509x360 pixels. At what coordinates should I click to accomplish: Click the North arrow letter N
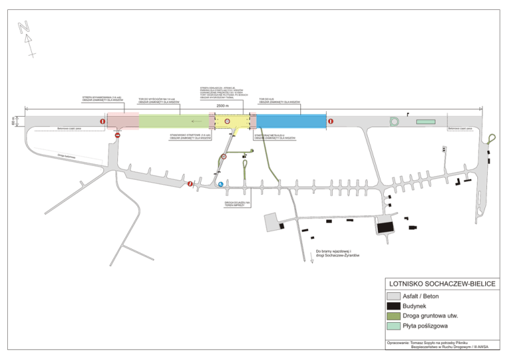point(25,27)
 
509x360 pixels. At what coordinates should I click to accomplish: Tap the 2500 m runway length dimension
point(222,106)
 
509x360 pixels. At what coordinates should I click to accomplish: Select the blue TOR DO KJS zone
point(291,121)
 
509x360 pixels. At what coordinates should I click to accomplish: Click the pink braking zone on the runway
point(123,121)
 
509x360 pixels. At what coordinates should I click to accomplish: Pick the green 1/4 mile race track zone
point(174,121)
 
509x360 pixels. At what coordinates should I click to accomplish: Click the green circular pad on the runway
point(396,121)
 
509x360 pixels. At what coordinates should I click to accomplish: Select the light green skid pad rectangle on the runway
point(426,121)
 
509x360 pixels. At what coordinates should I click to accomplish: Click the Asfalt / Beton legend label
point(422,296)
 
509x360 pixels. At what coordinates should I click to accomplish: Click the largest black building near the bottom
point(385,227)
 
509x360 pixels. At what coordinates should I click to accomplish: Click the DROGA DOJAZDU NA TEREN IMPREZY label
point(235,204)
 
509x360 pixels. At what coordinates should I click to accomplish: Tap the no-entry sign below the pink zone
point(117,136)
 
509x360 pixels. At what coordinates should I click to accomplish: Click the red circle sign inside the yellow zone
point(227,121)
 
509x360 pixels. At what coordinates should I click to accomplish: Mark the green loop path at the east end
point(492,137)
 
